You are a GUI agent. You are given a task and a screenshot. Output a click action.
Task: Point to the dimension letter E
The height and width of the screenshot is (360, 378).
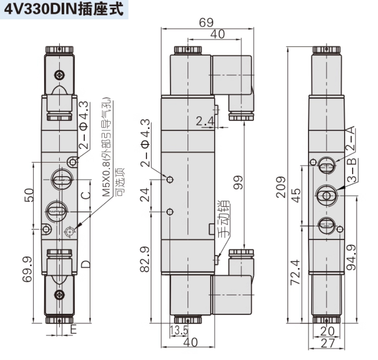tap(73, 330)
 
